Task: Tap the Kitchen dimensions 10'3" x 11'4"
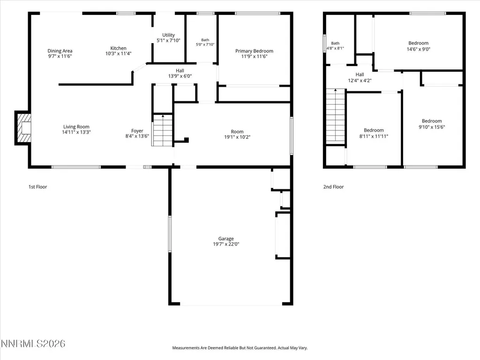pyautogui.click(x=118, y=53)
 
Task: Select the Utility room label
pyautogui.click(x=168, y=35)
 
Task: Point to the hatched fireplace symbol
pyautogui.click(x=23, y=127)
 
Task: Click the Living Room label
pyautogui.click(x=76, y=127)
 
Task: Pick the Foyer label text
pyautogui.click(x=137, y=131)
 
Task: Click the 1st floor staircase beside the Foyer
pyautogui.click(x=163, y=130)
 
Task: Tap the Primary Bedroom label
pyautogui.click(x=254, y=51)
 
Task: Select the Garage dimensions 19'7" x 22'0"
pyautogui.click(x=226, y=244)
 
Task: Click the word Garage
pyautogui.click(x=226, y=239)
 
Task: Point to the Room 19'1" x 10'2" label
pyautogui.click(x=237, y=134)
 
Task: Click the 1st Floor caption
pyautogui.click(x=37, y=187)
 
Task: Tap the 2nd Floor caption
pyautogui.click(x=333, y=187)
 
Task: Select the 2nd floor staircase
pyautogui.click(x=336, y=116)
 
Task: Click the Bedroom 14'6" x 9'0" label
pyautogui.click(x=419, y=46)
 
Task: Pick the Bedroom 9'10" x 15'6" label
pyautogui.click(x=432, y=124)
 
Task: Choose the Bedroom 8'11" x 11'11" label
pyautogui.click(x=374, y=133)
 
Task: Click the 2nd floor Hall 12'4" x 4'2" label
pyautogui.click(x=360, y=77)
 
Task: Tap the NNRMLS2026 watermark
pyautogui.click(x=33, y=344)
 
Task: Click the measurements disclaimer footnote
pyautogui.click(x=240, y=348)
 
